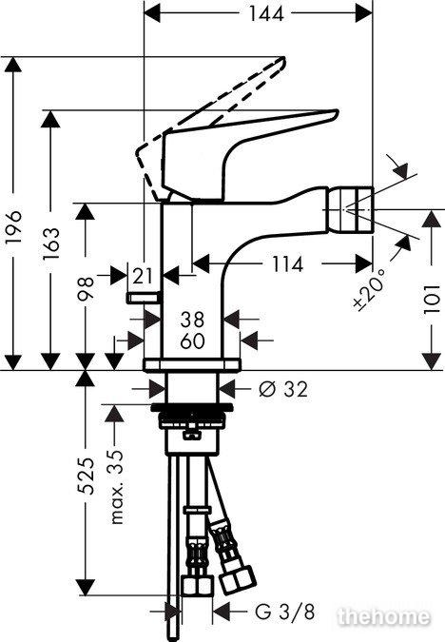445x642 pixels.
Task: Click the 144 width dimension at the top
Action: [266, 14]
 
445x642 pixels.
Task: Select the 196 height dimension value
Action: [14, 227]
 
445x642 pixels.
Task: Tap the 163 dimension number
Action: [51, 243]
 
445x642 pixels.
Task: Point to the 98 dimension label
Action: [86, 288]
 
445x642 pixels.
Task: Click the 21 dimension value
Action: [143, 277]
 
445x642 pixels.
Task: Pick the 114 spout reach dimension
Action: [287, 264]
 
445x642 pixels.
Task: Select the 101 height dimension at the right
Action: [432, 300]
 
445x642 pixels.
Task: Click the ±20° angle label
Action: [369, 290]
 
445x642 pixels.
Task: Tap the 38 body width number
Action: [192, 320]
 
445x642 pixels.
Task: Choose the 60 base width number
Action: [192, 341]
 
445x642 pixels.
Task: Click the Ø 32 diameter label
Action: [283, 389]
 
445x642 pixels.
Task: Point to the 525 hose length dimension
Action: [86, 476]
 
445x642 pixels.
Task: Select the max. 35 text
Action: [117, 487]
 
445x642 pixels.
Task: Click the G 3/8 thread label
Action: [285, 613]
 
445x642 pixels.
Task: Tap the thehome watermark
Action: [385, 616]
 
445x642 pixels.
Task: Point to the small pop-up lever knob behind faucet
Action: [144, 298]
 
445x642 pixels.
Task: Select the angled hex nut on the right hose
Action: [237, 581]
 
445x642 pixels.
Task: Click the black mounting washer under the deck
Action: [192, 407]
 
